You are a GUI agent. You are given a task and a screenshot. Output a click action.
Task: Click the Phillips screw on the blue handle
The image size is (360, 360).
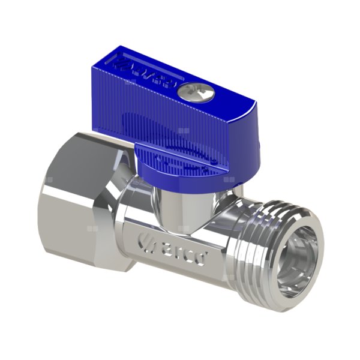tap(187, 91)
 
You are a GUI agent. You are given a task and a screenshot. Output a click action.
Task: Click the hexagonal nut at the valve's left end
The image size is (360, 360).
tap(84, 198)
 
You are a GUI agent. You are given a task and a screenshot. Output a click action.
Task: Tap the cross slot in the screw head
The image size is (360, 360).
tap(187, 91)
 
